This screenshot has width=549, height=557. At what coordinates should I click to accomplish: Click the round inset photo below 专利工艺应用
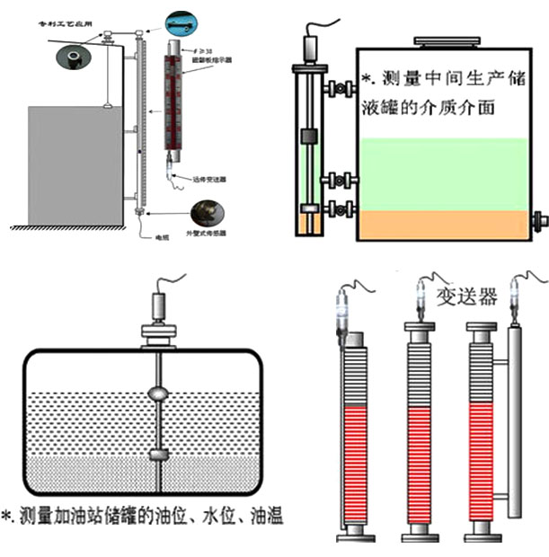tap(69, 56)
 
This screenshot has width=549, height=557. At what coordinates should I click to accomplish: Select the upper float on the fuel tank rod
tap(157, 393)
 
